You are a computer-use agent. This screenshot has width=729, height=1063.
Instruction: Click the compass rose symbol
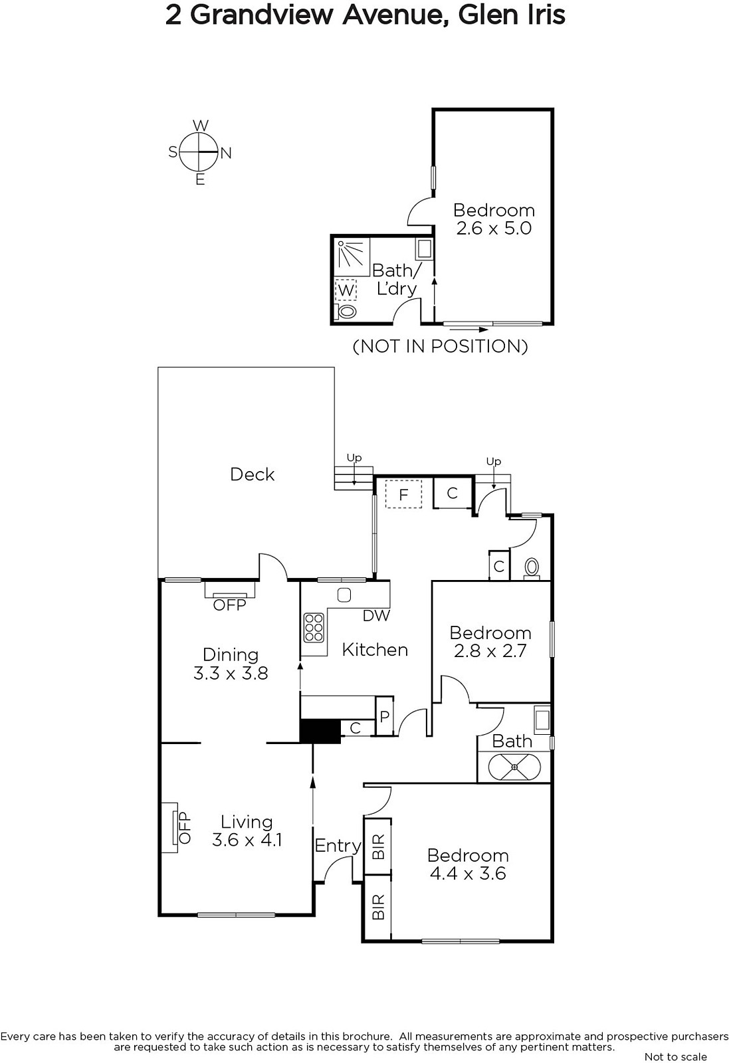point(200,152)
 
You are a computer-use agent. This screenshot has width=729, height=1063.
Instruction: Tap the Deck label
point(252,474)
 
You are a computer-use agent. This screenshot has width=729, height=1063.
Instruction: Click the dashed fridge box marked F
point(403,494)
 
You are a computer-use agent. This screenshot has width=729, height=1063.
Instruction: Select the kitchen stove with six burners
point(314,627)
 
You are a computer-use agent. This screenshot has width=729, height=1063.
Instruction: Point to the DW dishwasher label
point(376,615)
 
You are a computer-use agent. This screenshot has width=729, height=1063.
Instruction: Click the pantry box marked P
point(384,716)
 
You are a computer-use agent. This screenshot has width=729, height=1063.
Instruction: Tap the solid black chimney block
point(320,731)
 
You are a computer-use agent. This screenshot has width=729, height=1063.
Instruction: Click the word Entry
point(338,845)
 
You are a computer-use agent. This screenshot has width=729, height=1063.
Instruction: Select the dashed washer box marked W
point(346,290)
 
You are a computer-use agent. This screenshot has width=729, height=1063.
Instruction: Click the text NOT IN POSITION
point(441,346)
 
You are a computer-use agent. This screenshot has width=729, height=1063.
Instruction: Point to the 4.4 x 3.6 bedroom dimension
point(468,873)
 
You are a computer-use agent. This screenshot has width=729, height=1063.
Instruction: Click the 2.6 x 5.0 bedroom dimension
point(494,229)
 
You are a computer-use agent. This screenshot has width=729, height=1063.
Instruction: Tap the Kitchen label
point(375,650)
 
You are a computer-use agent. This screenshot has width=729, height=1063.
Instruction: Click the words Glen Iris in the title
point(512,15)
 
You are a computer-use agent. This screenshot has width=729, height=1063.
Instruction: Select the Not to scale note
point(676,1056)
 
